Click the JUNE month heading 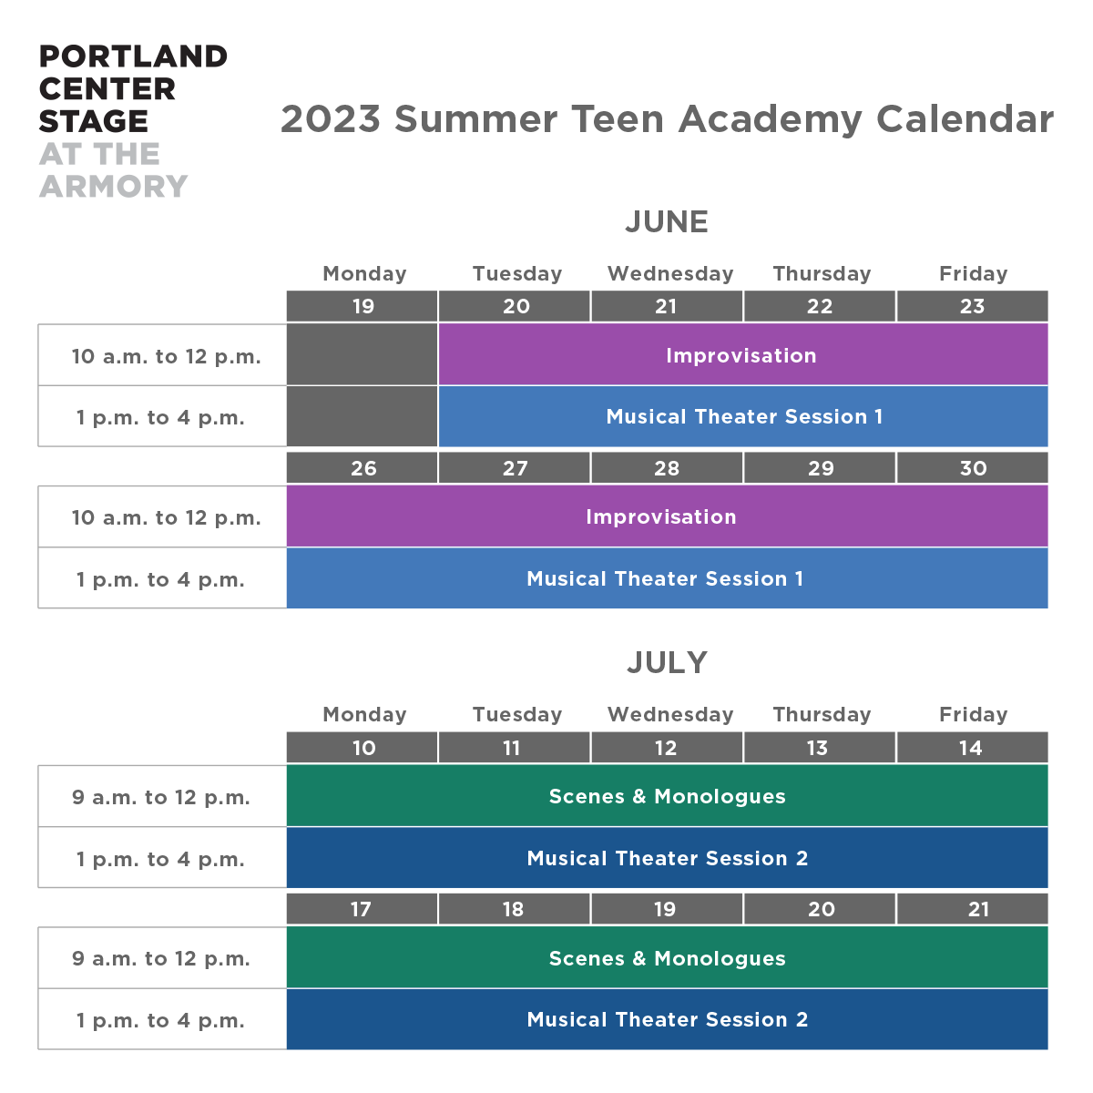(667, 221)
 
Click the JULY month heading (667, 662)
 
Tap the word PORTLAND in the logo (133, 56)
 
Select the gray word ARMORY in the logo (114, 186)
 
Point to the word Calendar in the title (965, 119)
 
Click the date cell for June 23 (972, 306)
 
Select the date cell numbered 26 (362, 468)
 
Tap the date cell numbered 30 (972, 468)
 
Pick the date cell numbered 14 (972, 748)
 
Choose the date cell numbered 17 (362, 909)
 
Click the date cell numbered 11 (514, 748)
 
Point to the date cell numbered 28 (667, 468)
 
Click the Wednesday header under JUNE (670, 274)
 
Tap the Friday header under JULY (974, 715)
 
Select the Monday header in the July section (364, 715)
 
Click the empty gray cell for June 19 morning (362, 354)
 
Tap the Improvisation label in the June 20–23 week (741, 355)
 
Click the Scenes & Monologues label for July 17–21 (667, 958)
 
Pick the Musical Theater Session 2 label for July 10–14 (667, 858)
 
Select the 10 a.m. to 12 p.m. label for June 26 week (166, 518)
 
